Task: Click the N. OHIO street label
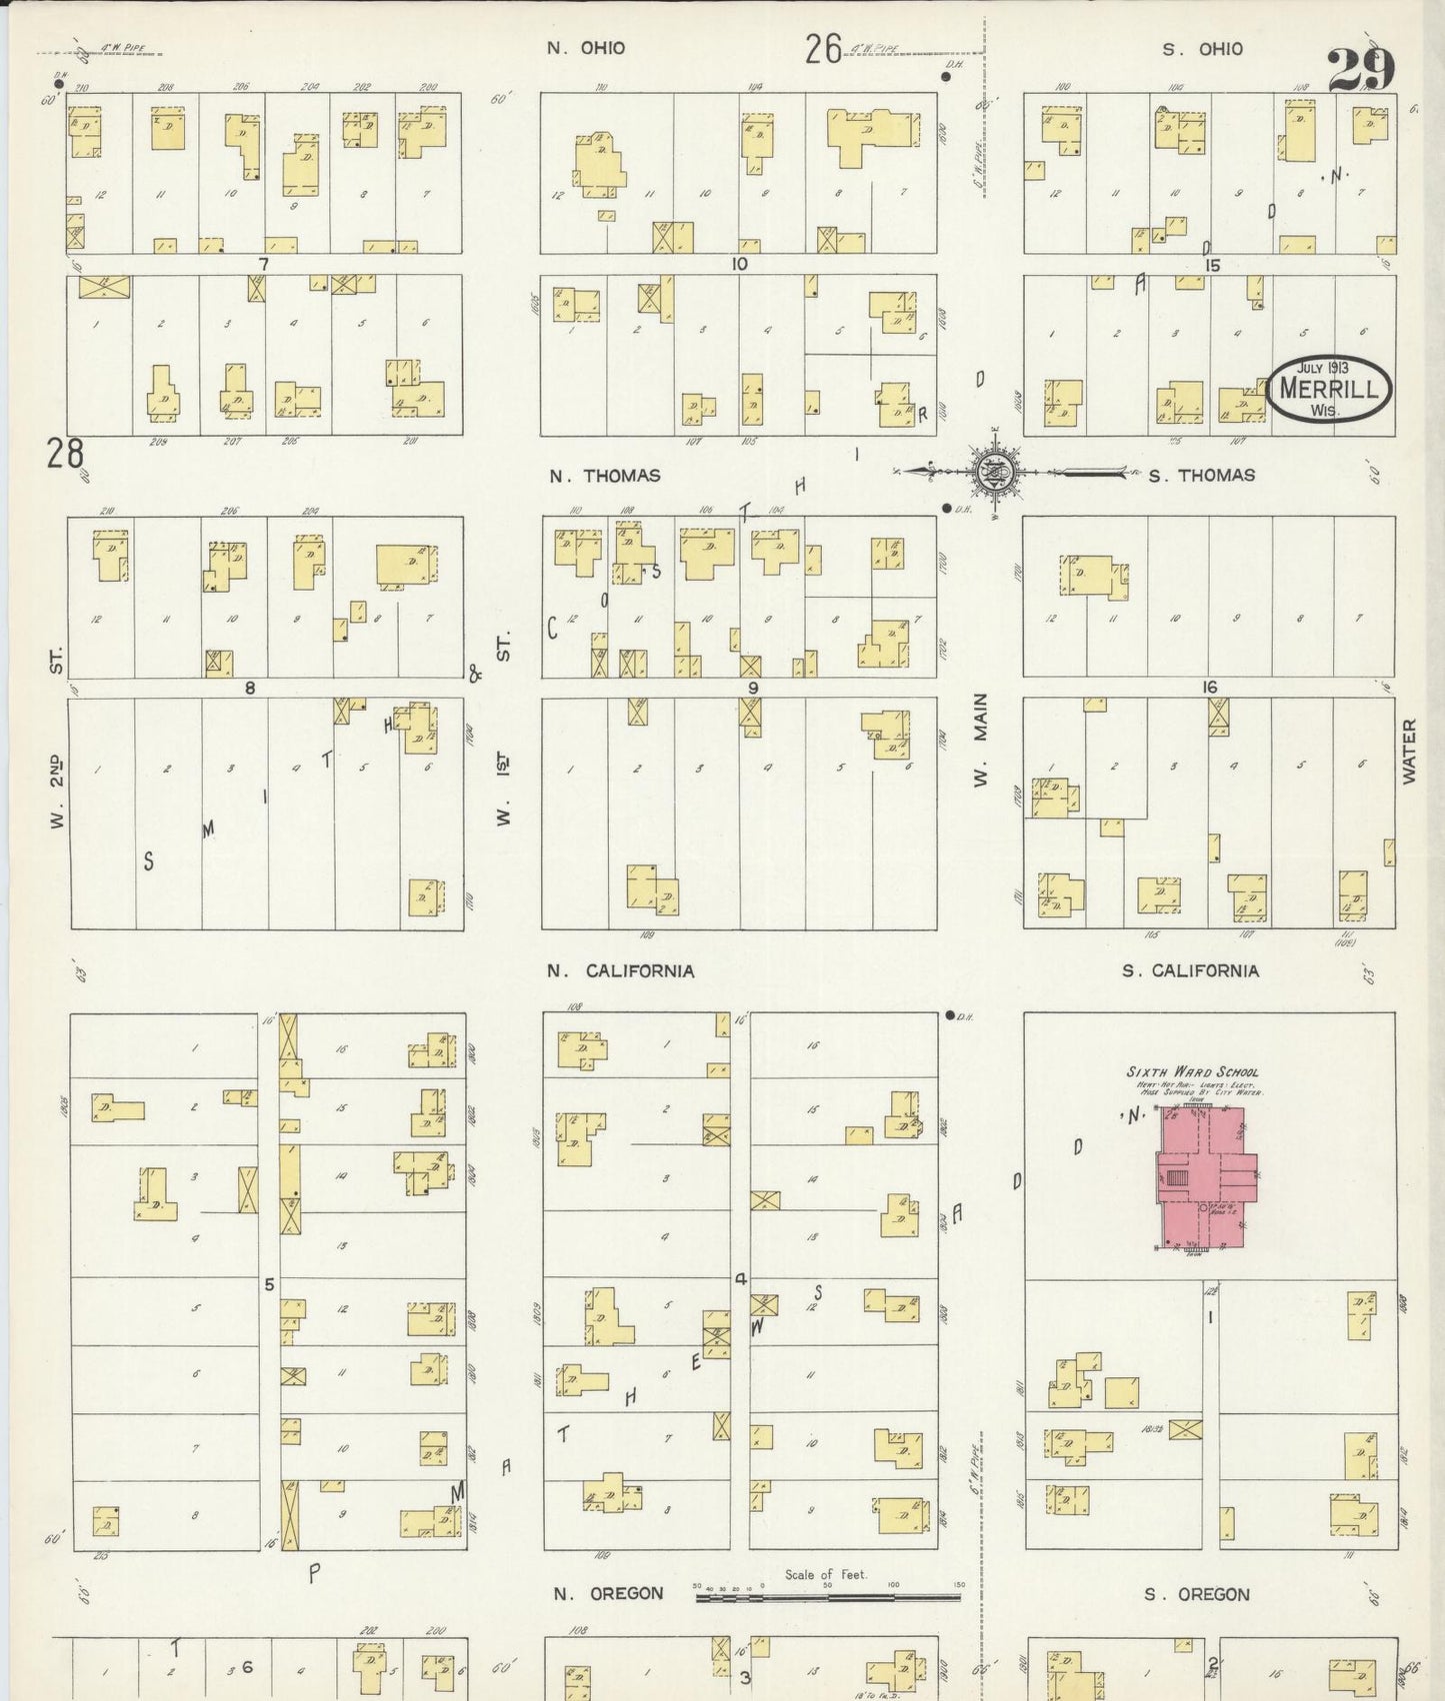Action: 586,48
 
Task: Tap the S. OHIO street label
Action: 1203,49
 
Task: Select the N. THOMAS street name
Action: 605,476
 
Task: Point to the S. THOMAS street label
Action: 1201,476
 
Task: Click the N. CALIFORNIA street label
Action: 621,970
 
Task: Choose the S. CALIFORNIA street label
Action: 1190,970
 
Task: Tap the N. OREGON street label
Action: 608,1593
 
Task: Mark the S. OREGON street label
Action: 1197,1594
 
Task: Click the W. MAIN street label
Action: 981,739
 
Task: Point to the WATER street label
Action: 1410,751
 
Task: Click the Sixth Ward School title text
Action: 1192,1072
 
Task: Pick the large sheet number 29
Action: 1361,70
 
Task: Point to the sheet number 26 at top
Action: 823,49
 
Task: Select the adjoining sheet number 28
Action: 65,456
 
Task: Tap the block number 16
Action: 1210,687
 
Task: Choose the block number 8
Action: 250,688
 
